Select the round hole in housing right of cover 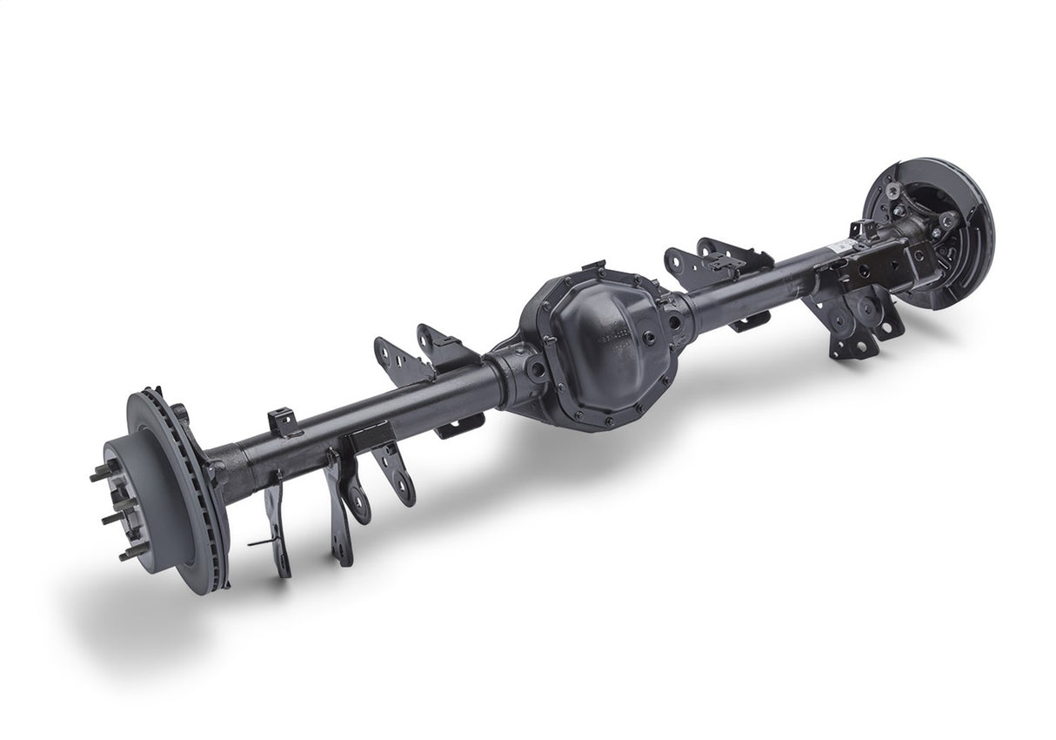coord(673,320)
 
